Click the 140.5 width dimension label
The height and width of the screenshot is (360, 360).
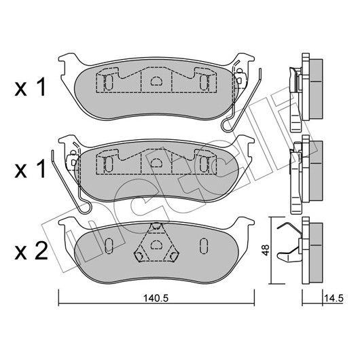coord(156,298)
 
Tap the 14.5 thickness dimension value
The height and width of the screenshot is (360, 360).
coord(334,298)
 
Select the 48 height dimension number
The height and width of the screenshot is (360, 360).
coord(266,250)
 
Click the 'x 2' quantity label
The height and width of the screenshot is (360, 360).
coord(31,251)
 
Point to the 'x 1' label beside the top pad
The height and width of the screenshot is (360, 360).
coord(31,86)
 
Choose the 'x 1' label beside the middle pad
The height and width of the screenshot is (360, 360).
coord(31,169)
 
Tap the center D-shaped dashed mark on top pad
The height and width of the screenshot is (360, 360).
coord(156,81)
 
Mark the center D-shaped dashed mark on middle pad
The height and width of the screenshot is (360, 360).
coord(156,162)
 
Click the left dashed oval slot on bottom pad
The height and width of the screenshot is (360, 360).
coord(109,246)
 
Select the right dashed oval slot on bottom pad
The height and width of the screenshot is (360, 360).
coord(203,246)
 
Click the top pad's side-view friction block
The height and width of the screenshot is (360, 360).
coord(316,89)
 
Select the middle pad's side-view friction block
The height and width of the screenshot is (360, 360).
coord(316,171)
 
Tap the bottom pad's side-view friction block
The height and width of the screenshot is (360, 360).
coord(316,253)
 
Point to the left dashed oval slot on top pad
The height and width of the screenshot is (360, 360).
coord(109,83)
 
